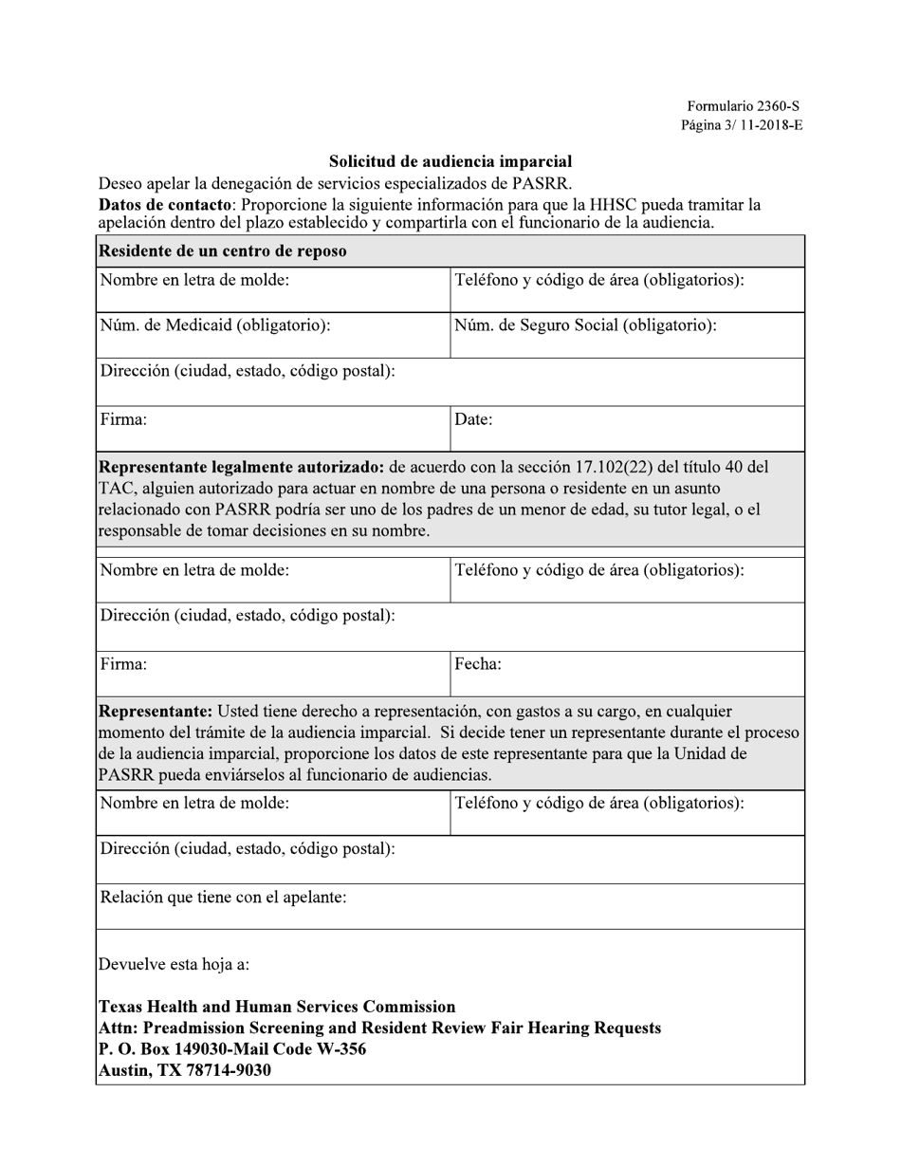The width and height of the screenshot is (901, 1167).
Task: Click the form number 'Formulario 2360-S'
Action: (x=745, y=107)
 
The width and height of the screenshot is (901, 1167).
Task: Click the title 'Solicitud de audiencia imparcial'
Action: (x=450, y=162)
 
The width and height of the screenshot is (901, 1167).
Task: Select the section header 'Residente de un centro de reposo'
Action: (x=223, y=251)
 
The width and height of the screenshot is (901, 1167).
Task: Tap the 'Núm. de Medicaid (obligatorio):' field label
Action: (x=215, y=325)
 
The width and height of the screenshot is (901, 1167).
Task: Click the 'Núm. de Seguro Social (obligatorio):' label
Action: (x=585, y=325)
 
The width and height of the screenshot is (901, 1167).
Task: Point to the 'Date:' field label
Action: (x=473, y=419)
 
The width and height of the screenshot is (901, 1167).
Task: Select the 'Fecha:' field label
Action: (x=478, y=664)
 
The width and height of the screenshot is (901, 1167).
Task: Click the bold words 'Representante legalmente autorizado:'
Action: (x=242, y=467)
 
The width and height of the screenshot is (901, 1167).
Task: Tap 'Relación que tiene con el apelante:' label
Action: (x=223, y=897)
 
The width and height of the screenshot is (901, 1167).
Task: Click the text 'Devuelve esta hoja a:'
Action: (x=175, y=965)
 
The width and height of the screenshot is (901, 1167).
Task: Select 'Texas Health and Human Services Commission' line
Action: (x=277, y=1007)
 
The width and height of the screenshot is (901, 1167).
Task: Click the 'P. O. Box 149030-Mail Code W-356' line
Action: (x=232, y=1049)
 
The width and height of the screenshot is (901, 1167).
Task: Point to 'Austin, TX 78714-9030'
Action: (x=185, y=1070)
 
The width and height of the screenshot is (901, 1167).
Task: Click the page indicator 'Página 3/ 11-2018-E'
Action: (x=742, y=125)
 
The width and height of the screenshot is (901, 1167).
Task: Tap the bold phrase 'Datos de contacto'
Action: (x=164, y=205)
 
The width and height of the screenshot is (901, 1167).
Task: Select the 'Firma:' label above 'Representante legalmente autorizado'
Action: (x=123, y=419)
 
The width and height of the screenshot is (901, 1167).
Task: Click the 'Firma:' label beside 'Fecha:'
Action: (x=123, y=664)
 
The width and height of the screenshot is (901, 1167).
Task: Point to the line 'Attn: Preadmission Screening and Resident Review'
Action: (x=379, y=1028)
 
